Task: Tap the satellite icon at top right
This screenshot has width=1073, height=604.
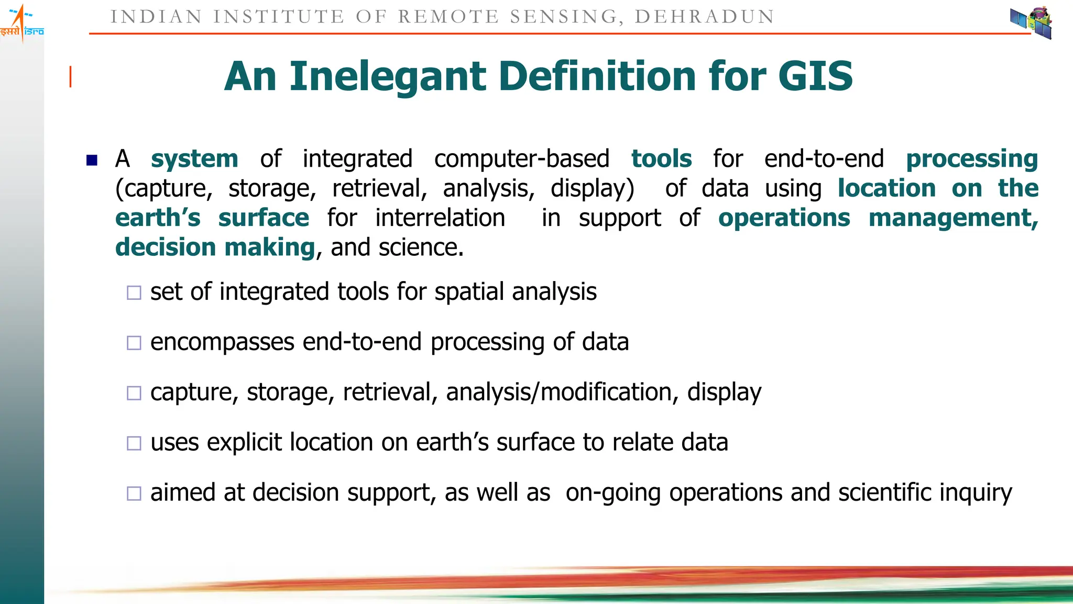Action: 1031,23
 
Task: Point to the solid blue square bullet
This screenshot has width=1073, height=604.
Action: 92,160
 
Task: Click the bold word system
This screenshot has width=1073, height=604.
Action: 194,159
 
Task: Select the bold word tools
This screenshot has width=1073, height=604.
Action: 661,159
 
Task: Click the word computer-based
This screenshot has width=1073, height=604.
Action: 522,159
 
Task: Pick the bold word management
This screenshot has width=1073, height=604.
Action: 952,218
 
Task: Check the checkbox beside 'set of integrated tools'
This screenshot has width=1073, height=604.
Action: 134,293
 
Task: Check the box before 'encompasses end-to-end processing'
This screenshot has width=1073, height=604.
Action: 134,343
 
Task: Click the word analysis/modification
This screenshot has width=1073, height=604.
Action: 559,392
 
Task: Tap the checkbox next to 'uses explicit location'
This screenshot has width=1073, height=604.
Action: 134,444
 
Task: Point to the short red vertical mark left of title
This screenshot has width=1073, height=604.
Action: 71,77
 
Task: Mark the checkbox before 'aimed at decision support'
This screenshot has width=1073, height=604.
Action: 134,493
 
